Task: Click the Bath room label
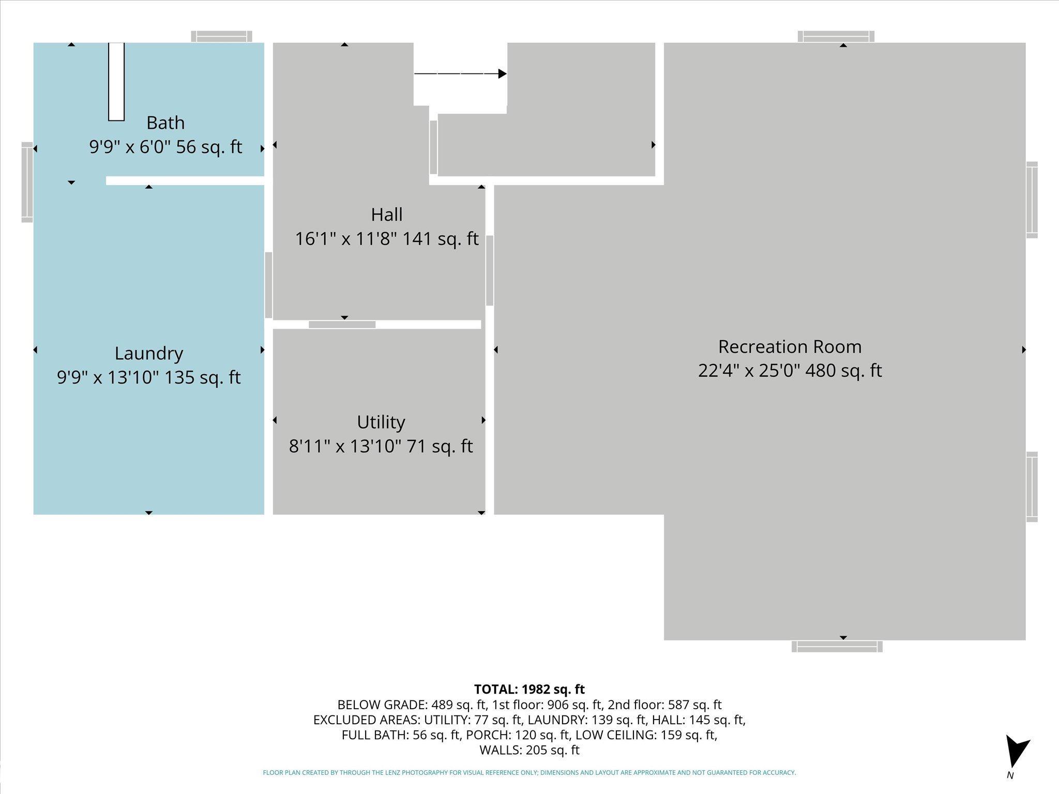click(165, 123)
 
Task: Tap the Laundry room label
click(149, 354)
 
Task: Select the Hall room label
click(387, 215)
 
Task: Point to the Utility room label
click(381, 422)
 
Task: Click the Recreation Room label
click(790, 346)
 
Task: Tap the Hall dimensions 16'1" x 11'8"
click(346, 239)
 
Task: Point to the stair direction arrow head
click(502, 74)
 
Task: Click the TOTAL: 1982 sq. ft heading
click(529, 689)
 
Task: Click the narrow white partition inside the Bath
click(116, 82)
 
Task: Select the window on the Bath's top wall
click(222, 37)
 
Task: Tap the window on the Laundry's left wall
click(27, 182)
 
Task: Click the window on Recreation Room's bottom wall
click(837, 646)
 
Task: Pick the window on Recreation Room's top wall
click(836, 37)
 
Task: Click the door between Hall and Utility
click(342, 325)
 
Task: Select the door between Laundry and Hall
click(268, 285)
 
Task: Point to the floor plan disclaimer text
click(529, 773)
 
